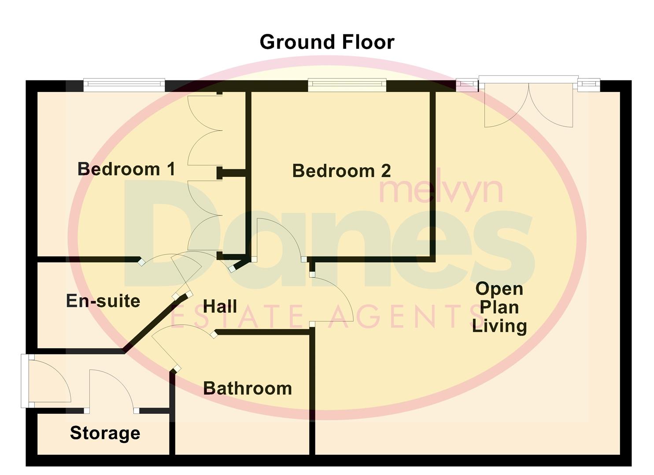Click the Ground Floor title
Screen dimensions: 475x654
click(327, 42)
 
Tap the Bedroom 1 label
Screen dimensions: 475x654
click(126, 169)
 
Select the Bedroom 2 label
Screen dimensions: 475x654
click(341, 171)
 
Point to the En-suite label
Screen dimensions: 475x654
click(103, 301)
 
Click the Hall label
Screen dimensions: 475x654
click(220, 306)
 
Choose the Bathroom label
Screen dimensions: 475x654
click(248, 388)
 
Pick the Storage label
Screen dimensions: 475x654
click(105, 433)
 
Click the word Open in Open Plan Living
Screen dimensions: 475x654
click(499, 289)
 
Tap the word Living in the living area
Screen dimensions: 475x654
click(499, 326)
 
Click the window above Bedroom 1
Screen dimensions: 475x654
click(124, 85)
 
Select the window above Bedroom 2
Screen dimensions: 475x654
click(347, 85)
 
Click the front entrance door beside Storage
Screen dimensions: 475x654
click(48, 381)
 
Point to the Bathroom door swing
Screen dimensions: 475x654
click(181, 345)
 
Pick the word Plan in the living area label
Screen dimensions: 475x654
click(499, 307)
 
